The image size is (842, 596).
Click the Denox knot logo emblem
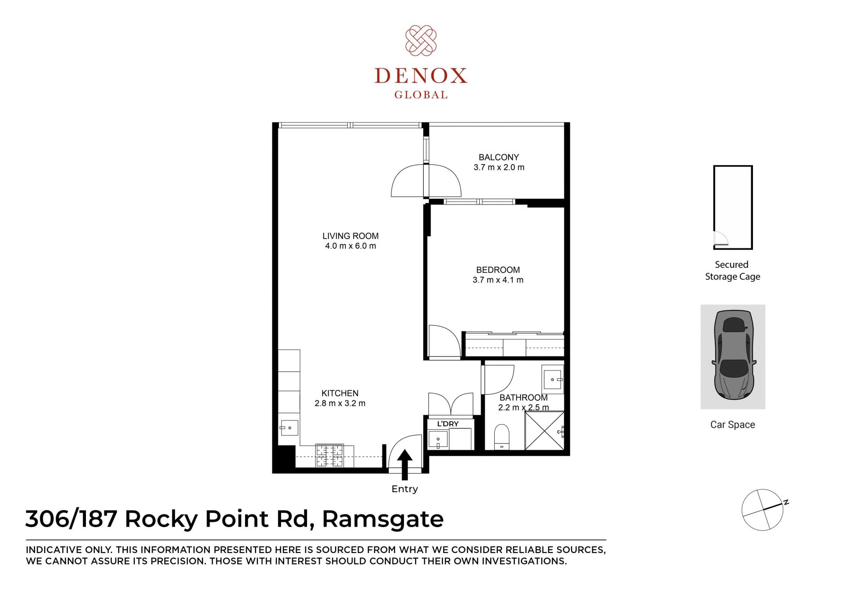(421, 40)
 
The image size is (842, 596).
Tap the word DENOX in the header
(421, 76)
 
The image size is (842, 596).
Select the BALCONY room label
(499, 157)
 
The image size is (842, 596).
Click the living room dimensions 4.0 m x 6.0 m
(350, 246)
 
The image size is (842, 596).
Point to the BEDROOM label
(498, 270)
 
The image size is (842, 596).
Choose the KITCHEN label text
(340, 393)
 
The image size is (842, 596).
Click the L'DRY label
(448, 424)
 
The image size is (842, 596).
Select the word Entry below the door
(405, 489)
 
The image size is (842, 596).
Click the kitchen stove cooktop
(329, 456)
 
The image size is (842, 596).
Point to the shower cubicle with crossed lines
(544, 431)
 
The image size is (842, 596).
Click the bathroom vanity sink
(553, 379)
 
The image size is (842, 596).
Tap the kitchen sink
(289, 428)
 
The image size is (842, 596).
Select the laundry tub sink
(438, 439)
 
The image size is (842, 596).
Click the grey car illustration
(733, 355)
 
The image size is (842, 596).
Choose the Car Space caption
(733, 425)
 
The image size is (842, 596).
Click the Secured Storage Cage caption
(732, 270)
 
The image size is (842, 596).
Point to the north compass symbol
(763, 510)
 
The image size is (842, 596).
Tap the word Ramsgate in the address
(383, 520)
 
